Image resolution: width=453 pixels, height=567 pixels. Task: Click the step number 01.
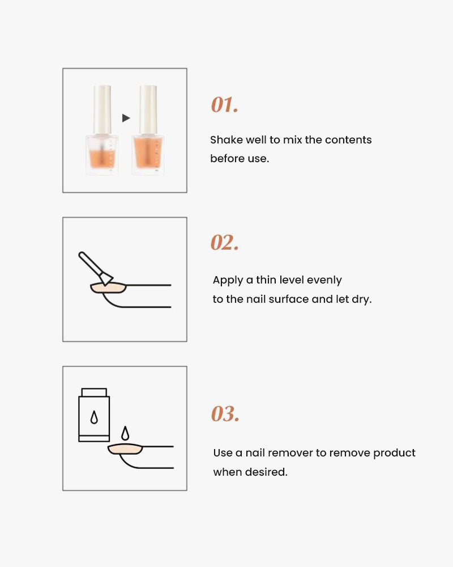point(224,105)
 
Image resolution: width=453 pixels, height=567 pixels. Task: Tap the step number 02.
point(224,242)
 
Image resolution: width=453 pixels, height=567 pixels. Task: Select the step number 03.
point(225,414)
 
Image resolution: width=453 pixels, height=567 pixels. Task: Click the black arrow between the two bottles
point(126,118)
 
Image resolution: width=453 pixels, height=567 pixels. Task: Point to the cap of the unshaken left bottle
point(102,109)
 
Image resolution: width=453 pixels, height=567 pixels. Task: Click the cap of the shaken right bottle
point(148,109)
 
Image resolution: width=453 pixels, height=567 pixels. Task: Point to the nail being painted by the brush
point(108,288)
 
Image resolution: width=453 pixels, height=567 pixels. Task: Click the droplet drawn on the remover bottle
point(94,417)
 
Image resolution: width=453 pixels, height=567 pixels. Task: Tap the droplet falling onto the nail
point(125,433)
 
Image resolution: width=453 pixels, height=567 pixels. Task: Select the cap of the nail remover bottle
point(94,392)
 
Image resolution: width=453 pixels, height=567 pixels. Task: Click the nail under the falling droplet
point(125,449)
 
